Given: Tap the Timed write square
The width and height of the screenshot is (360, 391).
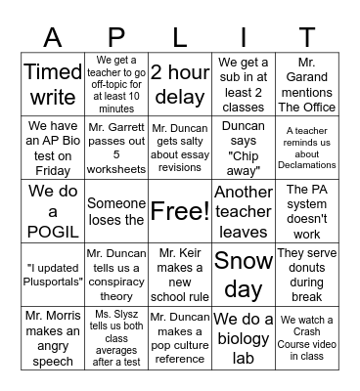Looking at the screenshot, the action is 52,84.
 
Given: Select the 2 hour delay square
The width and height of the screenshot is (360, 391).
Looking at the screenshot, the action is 179,84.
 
